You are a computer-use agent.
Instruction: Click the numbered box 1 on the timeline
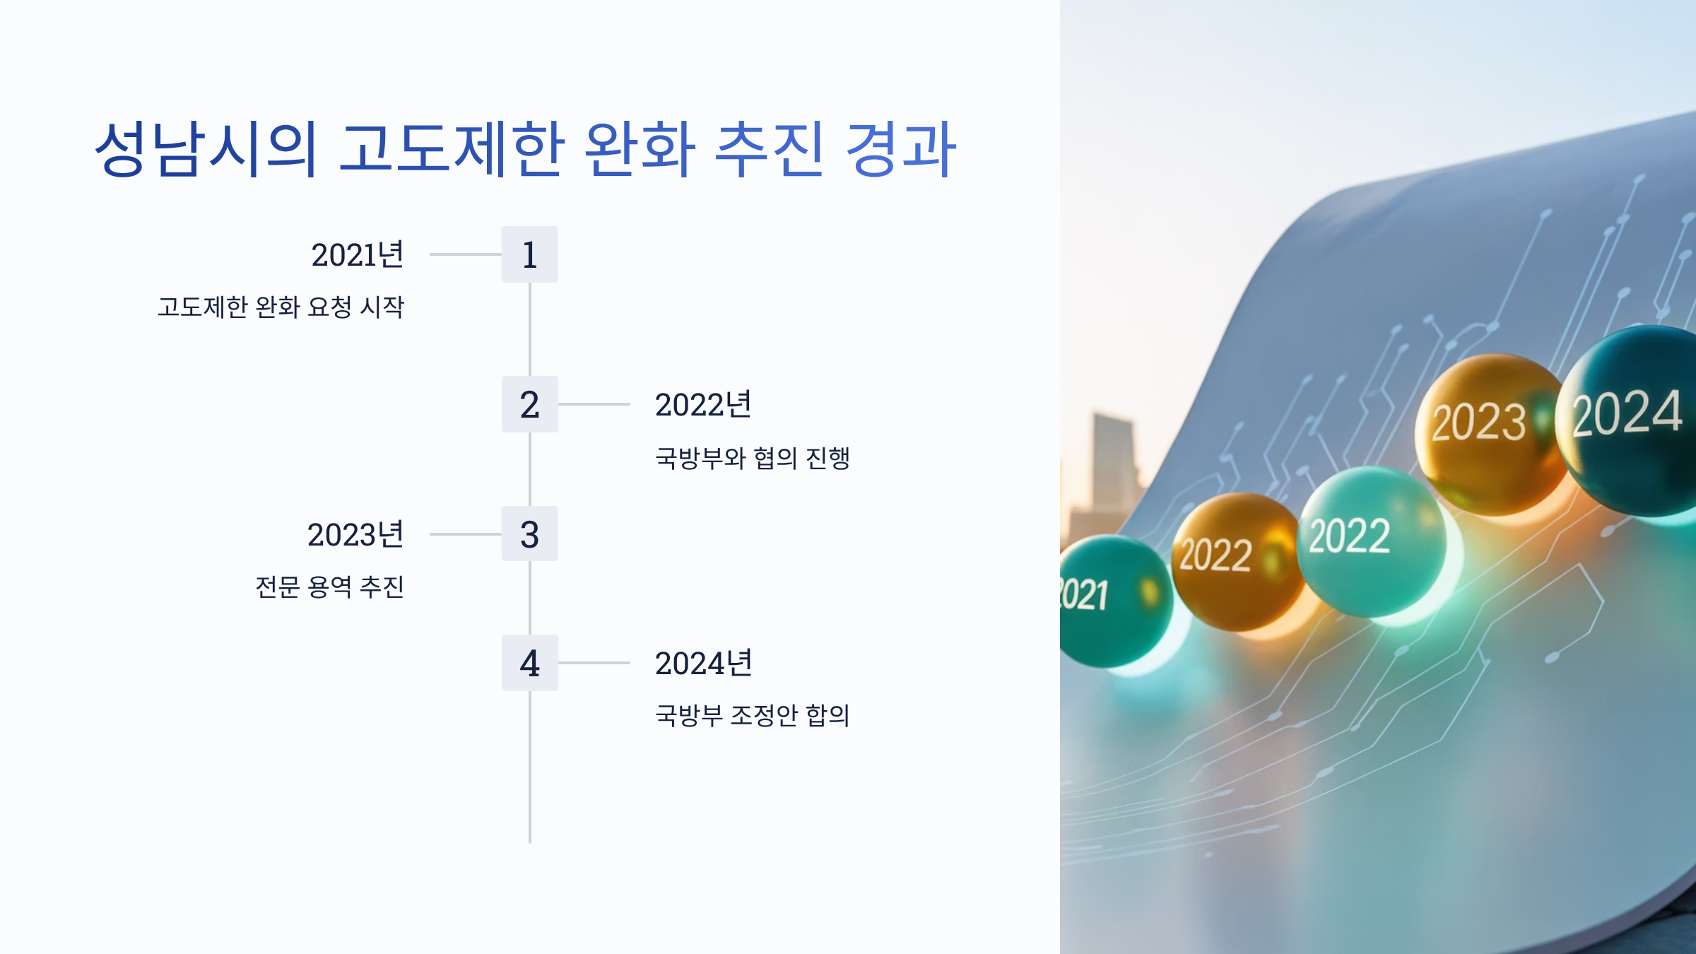click(x=529, y=254)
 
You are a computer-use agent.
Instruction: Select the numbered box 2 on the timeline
click(x=529, y=404)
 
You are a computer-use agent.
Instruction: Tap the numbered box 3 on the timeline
click(x=529, y=534)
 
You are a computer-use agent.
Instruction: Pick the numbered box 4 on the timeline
click(x=529, y=663)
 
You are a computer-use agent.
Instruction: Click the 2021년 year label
click(x=358, y=254)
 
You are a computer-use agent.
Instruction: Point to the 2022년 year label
click(x=703, y=404)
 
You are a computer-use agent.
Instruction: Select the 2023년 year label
click(x=355, y=534)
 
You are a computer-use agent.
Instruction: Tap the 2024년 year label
click(x=703, y=663)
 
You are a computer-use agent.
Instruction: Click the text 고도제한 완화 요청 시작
click(x=281, y=307)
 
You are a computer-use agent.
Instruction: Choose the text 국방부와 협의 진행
click(x=752, y=458)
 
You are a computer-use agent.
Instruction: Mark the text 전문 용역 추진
click(x=329, y=587)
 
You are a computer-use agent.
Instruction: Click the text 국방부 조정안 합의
click(x=752, y=715)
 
